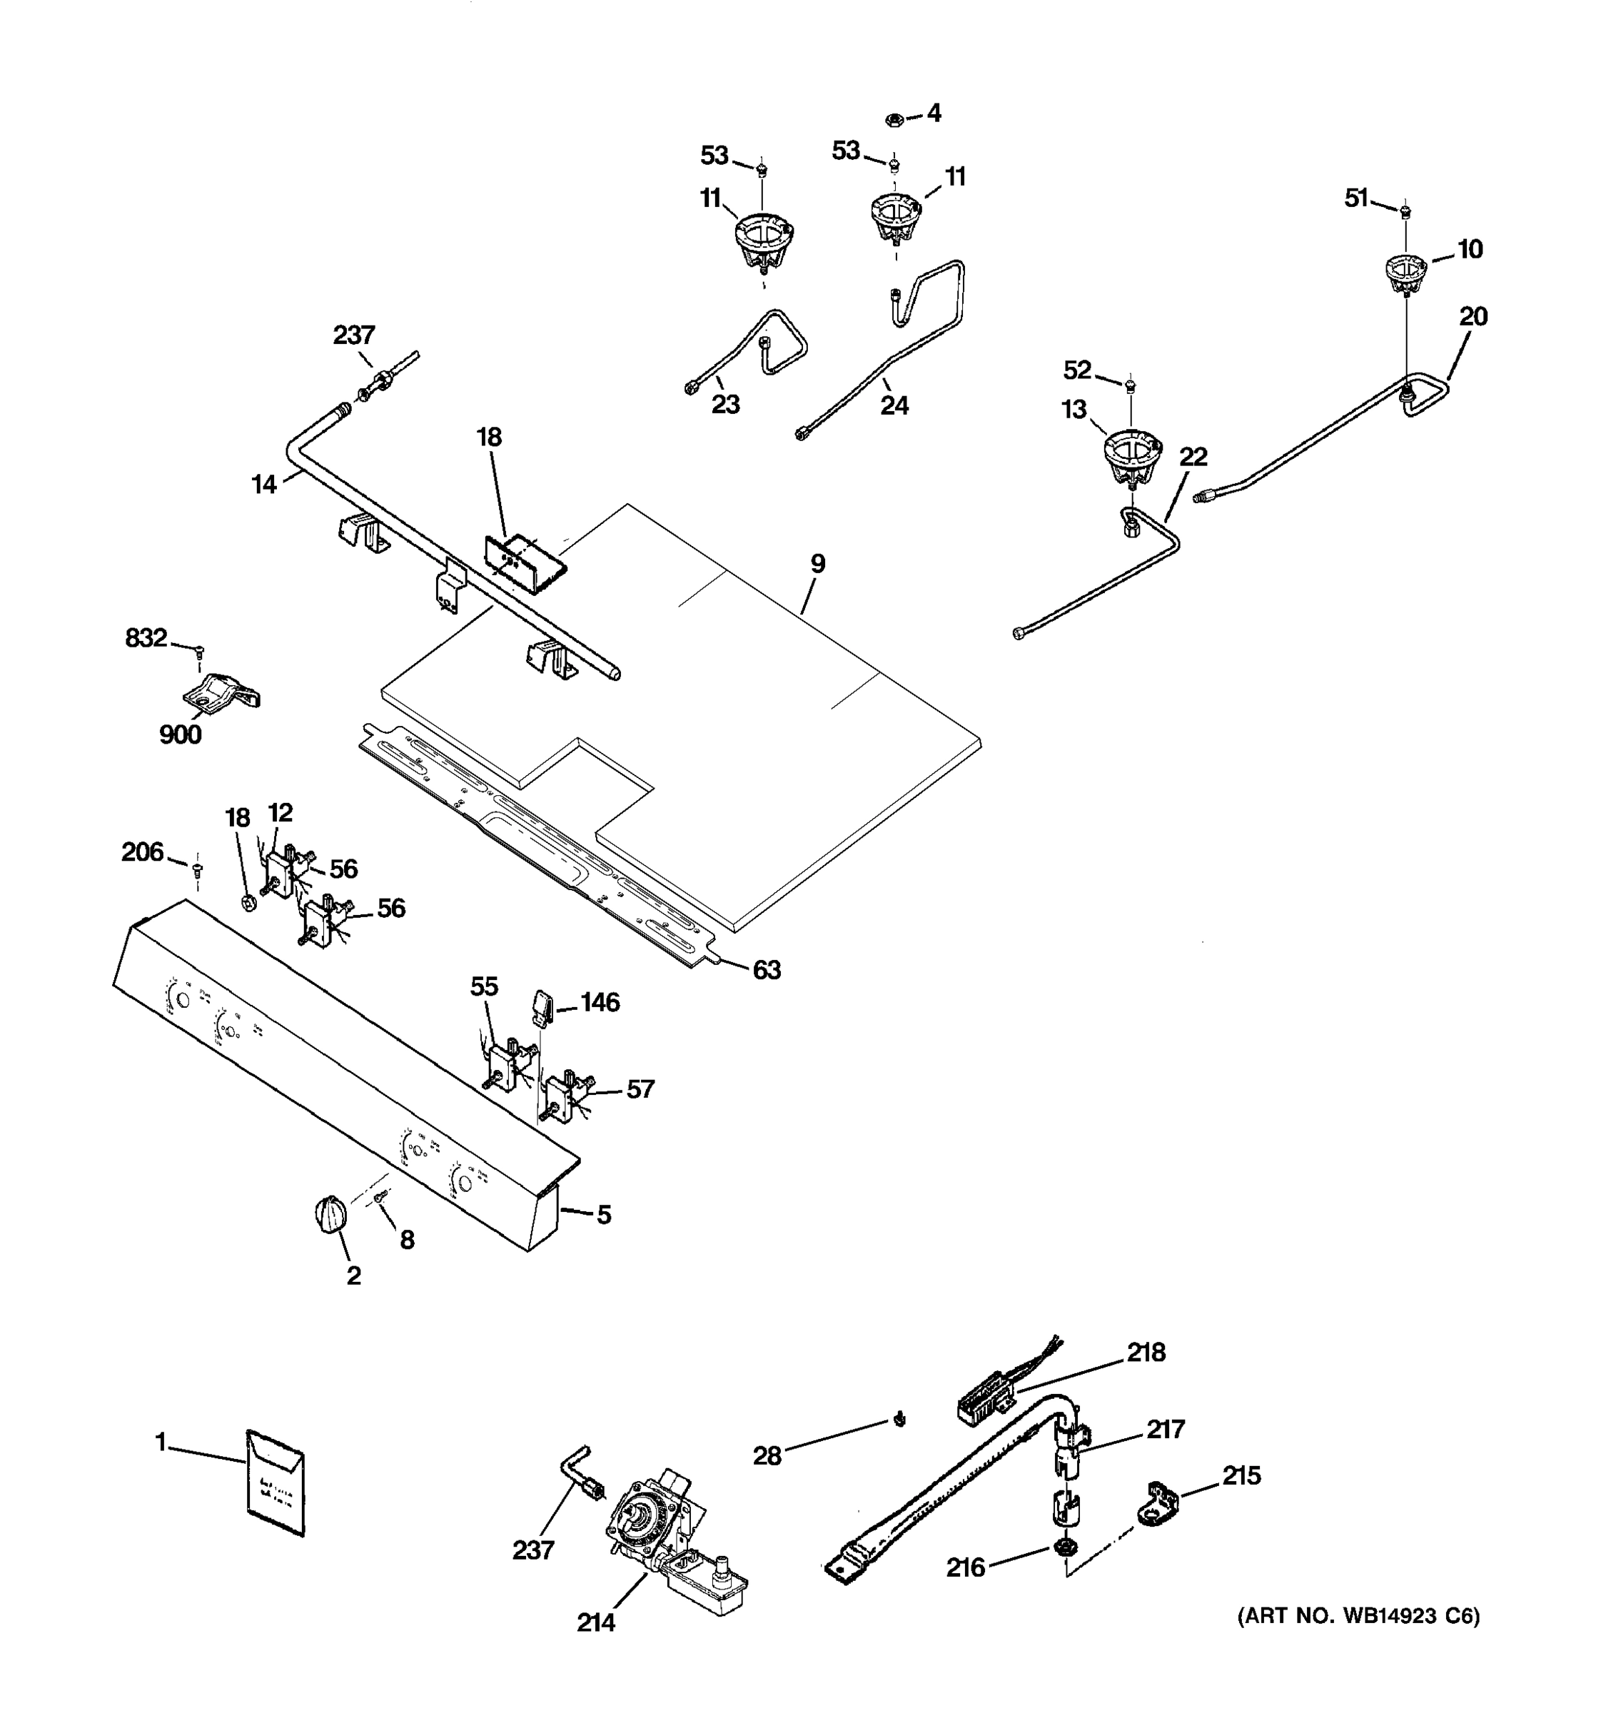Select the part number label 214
pyautogui.click(x=595, y=1622)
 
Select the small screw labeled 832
pyautogui.click(x=199, y=652)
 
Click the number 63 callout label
pyautogui.click(x=766, y=970)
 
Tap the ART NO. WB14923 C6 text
pyautogui.click(x=1358, y=1616)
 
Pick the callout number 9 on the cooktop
pyautogui.click(x=817, y=564)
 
